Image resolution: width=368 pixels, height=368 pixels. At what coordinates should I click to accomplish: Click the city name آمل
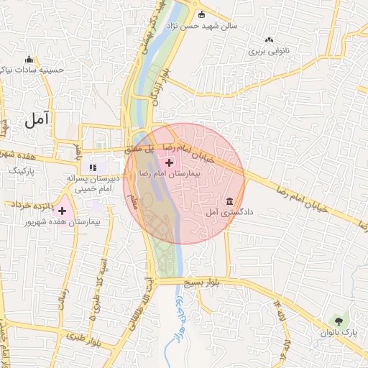pos(38,120)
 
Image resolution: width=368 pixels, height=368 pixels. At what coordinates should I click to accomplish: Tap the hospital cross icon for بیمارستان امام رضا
pos(169,163)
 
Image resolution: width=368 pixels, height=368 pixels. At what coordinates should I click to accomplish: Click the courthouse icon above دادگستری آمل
pos(229,201)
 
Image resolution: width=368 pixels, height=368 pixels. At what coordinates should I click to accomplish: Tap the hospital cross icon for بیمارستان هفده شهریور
pos(63,211)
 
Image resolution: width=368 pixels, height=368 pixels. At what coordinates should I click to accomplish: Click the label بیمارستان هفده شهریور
pos(64,224)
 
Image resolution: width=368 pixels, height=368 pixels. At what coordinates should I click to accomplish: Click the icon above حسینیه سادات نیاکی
pos(29,59)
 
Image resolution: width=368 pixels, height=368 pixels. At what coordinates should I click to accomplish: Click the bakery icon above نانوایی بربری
pos(269,40)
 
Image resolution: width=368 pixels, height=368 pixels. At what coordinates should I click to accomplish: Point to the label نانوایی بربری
pos(268,52)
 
